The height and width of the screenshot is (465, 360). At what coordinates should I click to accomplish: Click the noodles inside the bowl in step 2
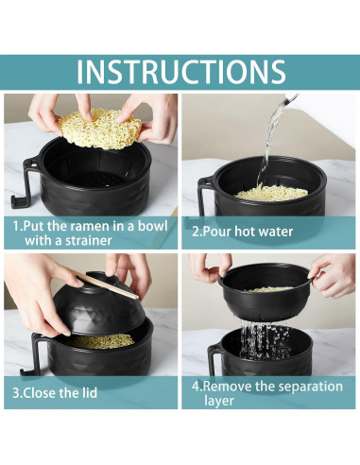(271, 192)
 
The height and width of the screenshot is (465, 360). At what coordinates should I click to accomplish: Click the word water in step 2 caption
(273, 231)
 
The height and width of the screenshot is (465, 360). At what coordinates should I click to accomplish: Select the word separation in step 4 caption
(303, 386)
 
